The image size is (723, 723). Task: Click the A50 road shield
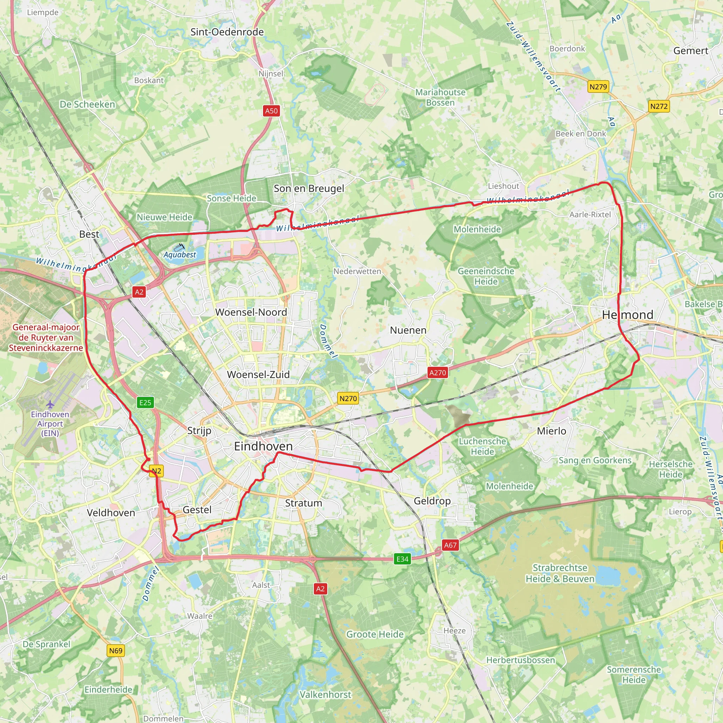pos(271,111)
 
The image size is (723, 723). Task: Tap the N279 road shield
pos(598,87)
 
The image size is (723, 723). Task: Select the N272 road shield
pos(659,106)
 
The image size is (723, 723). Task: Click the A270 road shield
pos(437,372)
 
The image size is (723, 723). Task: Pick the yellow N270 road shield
pos(348,399)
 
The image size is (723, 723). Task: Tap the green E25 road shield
pos(145,403)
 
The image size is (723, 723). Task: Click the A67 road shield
pos(450,545)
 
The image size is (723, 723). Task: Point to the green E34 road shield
pos(402,559)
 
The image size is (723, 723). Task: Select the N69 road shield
pos(116,650)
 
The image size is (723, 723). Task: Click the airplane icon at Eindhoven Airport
pos(50,404)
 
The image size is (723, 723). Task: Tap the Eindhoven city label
pos(263,446)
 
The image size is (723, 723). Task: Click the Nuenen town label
pos(408,330)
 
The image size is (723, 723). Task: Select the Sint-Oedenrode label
pos(227,32)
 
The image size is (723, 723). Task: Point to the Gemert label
pos(691,50)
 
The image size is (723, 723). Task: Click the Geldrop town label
pos(432,501)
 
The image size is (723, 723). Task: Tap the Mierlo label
pos(551,431)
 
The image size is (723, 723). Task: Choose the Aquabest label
pos(180,255)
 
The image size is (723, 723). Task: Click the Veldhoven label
pos(111,513)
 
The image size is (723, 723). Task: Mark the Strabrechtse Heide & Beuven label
pos(560,573)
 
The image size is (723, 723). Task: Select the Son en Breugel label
pos(309,188)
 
